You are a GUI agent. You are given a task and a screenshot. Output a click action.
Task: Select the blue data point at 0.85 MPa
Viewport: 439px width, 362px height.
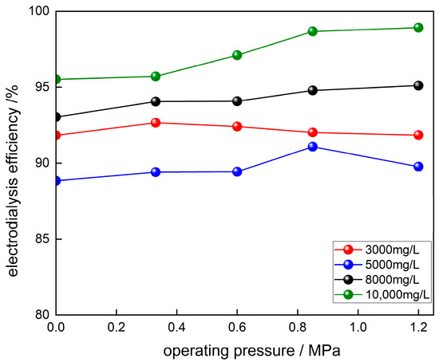[x=312, y=147]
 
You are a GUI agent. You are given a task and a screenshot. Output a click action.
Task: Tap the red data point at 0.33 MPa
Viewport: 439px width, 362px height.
[x=156, y=123]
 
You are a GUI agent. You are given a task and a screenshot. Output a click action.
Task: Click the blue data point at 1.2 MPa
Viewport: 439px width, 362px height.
[x=417, y=167]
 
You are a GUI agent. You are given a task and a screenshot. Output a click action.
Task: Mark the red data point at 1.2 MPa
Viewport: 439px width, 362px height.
[x=417, y=135]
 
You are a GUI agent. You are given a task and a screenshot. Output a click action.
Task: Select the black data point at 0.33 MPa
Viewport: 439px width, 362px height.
[x=156, y=101]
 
